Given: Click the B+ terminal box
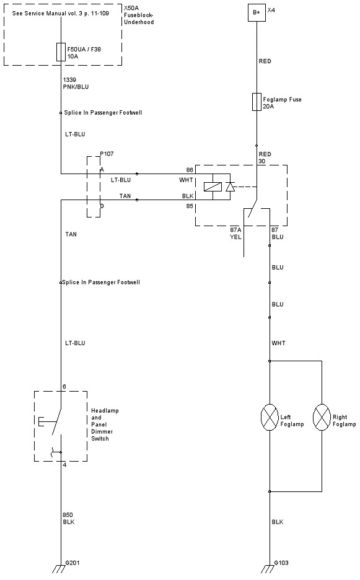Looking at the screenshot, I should coord(257,13).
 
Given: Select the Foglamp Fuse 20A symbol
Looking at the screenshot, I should coord(257,102).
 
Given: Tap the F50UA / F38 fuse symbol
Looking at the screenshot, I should coord(61,52).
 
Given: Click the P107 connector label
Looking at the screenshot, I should coord(107,153).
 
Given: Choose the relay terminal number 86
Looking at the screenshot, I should coord(190,169).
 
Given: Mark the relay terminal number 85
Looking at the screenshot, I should coord(190,205).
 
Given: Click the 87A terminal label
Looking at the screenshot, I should coord(235,229).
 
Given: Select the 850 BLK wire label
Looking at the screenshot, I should coord(69,518).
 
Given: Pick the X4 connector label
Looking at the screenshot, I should coord(271,11).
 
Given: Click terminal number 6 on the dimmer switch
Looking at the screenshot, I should coord(64,387).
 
